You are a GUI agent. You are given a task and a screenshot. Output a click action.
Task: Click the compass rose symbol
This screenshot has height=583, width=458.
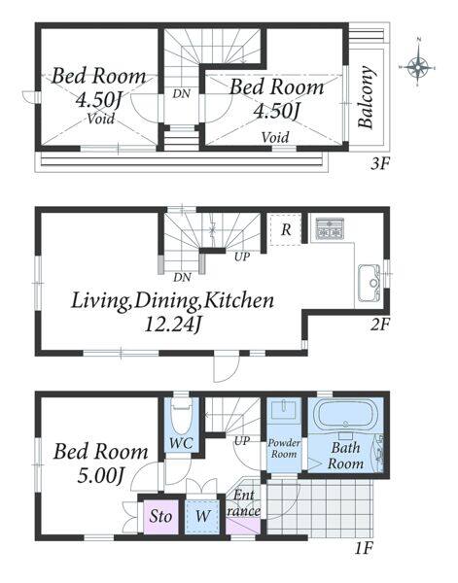pos(418,67)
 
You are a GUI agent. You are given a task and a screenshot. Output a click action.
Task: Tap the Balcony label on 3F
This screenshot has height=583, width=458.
pos(366,97)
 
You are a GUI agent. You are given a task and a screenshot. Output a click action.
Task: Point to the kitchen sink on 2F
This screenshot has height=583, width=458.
pos(370,283)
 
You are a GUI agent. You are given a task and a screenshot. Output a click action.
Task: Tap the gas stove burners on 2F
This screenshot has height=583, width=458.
pos(330,228)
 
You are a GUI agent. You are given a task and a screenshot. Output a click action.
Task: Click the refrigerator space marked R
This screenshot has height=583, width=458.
pos(285,229)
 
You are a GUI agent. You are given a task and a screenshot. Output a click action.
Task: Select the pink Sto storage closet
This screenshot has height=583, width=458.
pos(160,517)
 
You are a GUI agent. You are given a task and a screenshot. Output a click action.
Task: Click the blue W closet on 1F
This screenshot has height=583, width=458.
pos(203,517)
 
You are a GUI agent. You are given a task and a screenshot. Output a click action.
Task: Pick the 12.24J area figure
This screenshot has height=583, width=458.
pos(173,325)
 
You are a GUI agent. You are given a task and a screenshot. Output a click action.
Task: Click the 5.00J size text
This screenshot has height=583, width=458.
pos(100,475)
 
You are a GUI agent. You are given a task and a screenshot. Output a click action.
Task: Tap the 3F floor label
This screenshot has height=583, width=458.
pos(379,163)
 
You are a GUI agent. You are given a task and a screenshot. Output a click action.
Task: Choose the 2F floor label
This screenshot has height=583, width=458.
pos(380,326)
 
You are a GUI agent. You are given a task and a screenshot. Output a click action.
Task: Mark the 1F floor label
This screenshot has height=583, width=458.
pos(363,548)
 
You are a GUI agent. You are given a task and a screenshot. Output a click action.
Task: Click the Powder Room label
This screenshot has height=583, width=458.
pos(284,448)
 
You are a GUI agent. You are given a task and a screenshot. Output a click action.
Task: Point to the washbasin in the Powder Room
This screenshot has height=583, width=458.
pos(285,409)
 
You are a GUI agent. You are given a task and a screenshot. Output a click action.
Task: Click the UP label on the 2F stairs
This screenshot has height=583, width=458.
pos(242,257)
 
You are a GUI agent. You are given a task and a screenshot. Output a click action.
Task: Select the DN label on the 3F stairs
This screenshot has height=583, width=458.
pos(182,93)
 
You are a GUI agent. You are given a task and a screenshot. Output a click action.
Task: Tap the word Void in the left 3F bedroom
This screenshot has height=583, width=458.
pos(101,119)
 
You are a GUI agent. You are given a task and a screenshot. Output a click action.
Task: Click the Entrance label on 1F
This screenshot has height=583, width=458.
pos(244,503)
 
